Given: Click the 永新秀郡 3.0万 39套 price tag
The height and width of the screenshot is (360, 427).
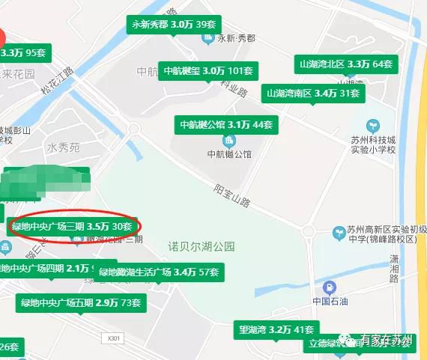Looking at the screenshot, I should [173, 25].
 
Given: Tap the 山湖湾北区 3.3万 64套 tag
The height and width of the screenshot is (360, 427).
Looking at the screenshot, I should [345, 64].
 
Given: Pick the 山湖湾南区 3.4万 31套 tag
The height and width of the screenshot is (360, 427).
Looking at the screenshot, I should [312, 94].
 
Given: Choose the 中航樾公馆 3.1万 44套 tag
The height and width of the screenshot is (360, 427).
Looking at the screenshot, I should [225, 123].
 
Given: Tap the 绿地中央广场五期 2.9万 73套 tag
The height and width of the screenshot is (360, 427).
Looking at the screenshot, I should [81, 302].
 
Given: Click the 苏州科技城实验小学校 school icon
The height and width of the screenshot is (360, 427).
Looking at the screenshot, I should [372, 125].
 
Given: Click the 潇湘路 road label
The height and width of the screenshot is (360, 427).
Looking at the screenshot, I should [395, 268].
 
